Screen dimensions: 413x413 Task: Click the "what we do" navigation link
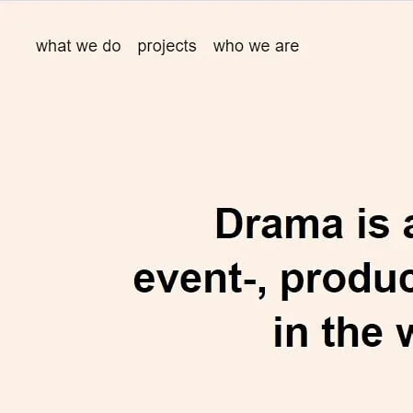coord(78,46)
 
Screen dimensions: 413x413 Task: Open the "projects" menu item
coord(166,46)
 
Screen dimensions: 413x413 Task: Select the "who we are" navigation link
coord(256,46)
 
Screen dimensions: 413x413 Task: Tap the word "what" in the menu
coord(52,46)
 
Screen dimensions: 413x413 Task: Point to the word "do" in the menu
coord(111,46)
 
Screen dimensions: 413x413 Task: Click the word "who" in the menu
coord(227,46)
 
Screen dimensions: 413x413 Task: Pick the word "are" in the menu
coord(286,46)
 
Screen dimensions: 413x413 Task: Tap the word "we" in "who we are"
coord(258,46)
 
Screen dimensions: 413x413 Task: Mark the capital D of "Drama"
coord(229,224)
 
